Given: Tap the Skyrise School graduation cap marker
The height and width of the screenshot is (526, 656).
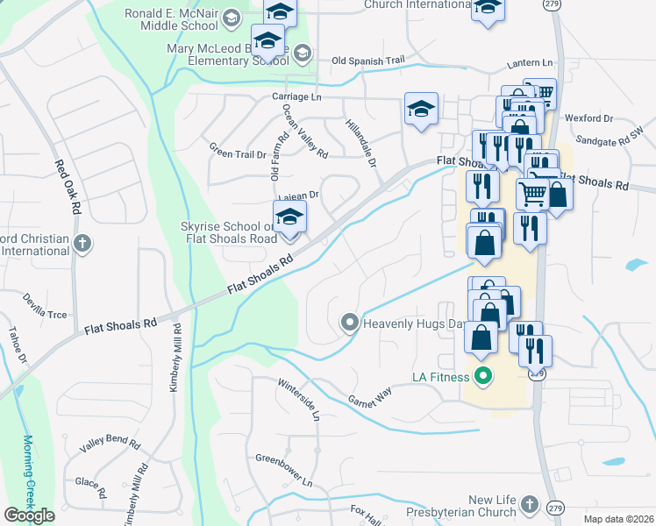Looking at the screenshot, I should coord(289,220).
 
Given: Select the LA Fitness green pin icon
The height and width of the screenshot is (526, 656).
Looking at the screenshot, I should coord(481,378).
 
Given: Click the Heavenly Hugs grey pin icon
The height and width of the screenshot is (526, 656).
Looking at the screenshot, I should coord(350,323).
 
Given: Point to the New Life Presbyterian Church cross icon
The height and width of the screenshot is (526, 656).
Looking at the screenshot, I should coord(528,504).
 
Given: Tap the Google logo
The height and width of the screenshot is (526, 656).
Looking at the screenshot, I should coord(29,515).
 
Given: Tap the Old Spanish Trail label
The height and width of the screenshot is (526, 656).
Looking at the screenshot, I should coord(368,60).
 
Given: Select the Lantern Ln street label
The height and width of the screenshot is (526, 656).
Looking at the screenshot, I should coord(531,64).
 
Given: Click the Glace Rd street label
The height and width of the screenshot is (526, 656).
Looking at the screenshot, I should coord(90,481).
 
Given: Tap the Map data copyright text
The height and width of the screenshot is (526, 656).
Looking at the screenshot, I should coord(618,519).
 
